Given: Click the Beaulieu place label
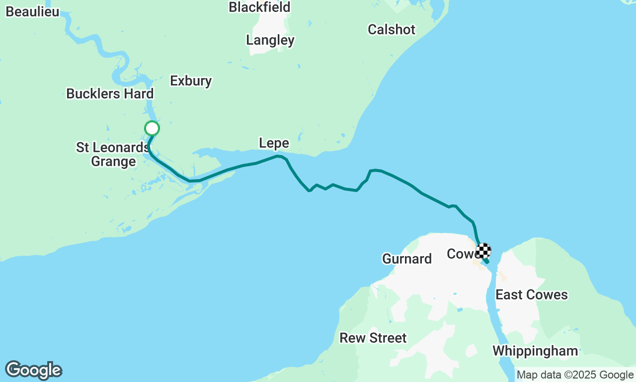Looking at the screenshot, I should [x=32, y=12].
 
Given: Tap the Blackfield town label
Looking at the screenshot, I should [x=259, y=7].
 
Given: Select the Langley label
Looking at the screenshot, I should [x=270, y=40].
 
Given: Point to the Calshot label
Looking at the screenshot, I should [x=392, y=29].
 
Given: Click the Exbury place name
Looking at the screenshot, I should [x=191, y=81].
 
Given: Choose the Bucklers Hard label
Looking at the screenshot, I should [x=110, y=94].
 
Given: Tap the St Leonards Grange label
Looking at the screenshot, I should [x=113, y=154].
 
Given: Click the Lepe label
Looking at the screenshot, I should [x=274, y=143].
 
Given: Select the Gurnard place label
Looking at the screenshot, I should [x=406, y=259].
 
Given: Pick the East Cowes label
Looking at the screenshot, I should [x=532, y=294].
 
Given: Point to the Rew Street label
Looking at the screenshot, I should [x=373, y=338].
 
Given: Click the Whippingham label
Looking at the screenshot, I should [x=535, y=351].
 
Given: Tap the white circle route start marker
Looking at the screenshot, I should [x=152, y=128].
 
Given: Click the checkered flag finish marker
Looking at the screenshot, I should [x=483, y=250].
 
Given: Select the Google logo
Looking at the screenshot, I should [x=33, y=371].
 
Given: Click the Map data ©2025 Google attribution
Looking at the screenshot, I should [x=575, y=375].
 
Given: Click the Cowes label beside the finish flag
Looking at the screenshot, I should [x=461, y=254].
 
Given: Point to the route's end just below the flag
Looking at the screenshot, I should [x=486, y=261].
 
